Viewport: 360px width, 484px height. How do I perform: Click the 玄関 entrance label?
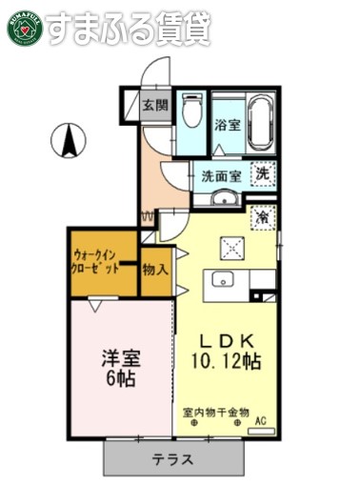[x=155, y=105]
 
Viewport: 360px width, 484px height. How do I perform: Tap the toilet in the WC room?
[x=191, y=113]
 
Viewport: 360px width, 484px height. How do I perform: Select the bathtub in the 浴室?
[x=260, y=124]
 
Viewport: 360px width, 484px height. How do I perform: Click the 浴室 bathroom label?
[x=226, y=125]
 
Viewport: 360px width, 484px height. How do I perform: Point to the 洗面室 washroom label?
[x=220, y=175]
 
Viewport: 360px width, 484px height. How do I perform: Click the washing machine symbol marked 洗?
[x=264, y=174]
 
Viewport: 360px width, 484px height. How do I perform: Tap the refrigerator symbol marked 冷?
[x=263, y=217]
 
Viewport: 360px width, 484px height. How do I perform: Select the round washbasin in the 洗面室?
[x=225, y=198]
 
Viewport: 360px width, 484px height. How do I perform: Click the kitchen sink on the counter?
[x=224, y=279]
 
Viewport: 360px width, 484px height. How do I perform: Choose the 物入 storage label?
[x=156, y=270]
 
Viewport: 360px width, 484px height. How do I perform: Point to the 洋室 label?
[x=121, y=359]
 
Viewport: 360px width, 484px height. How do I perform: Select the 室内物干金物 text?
[x=216, y=413]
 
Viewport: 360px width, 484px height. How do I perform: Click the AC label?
[x=260, y=416]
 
